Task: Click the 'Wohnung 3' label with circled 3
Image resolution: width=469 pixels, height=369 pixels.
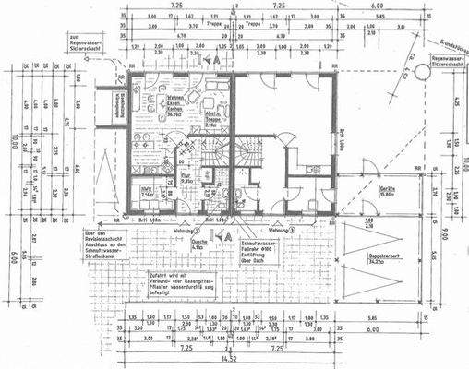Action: (x=279, y=229)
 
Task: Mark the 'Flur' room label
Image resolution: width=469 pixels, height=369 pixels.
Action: (x=185, y=178)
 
